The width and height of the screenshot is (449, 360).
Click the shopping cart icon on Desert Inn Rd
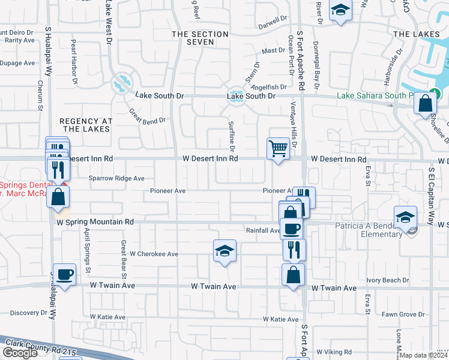tap(278, 148)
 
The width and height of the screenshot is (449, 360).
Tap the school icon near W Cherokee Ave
tap(224, 251)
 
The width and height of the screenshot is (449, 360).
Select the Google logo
tap(20, 353)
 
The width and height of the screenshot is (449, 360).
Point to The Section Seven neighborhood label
tap(200, 38)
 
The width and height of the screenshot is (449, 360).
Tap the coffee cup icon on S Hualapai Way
tap(65, 275)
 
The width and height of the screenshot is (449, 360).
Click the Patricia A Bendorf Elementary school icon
tap(405, 217)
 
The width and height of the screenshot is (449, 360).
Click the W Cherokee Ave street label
tap(154, 254)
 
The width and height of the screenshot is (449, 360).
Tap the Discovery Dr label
tap(28, 313)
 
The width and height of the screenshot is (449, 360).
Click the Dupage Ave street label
tap(17, 63)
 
